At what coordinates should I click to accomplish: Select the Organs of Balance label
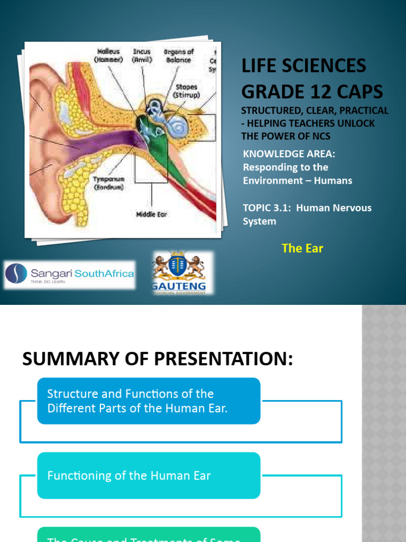[179, 55]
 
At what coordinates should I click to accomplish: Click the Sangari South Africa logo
[69, 274]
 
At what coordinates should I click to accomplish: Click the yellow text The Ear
[302, 248]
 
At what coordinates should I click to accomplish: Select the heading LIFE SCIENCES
[303, 66]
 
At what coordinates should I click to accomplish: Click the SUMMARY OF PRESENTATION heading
[157, 359]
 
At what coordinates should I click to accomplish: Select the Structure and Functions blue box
[149, 401]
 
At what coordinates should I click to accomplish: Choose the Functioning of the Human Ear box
[149, 475]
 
